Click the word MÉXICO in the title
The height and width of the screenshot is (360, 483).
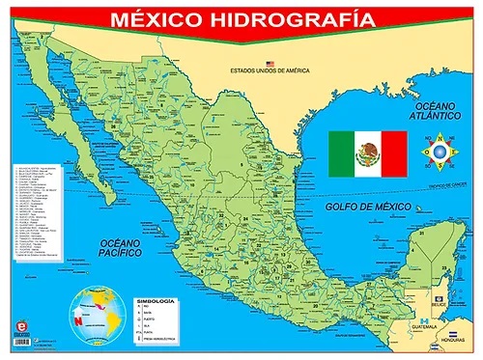[x=156, y=18]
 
